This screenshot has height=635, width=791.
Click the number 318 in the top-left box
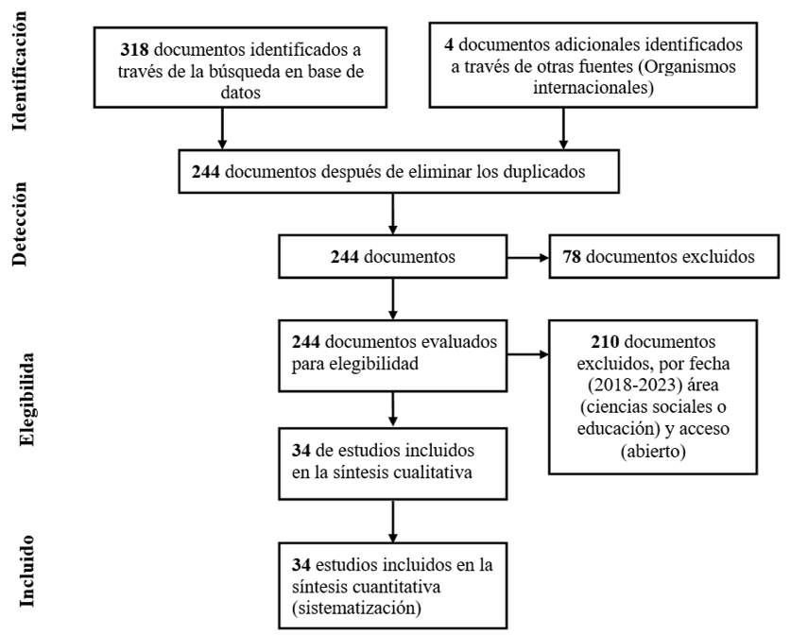(x=134, y=50)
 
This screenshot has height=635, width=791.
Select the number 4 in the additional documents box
(x=449, y=44)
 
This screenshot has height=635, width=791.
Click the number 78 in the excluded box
(x=572, y=257)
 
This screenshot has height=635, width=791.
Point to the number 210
(x=605, y=342)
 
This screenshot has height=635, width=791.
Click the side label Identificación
(x=19, y=71)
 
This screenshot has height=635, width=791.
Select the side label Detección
(x=19, y=223)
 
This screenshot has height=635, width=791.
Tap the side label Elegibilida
(x=26, y=399)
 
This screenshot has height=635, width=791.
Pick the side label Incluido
(x=26, y=571)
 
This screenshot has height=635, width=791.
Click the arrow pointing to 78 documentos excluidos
(x=527, y=258)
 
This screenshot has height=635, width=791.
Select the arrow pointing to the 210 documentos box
(x=527, y=354)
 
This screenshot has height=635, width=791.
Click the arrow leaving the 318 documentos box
(x=222, y=129)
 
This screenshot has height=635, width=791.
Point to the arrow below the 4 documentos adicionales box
(x=563, y=129)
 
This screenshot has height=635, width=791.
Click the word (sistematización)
(x=356, y=609)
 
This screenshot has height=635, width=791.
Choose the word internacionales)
(x=593, y=88)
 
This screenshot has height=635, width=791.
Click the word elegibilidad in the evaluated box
(x=374, y=364)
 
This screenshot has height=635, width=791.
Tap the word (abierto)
(x=653, y=451)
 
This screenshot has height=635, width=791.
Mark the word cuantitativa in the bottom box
(x=397, y=587)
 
